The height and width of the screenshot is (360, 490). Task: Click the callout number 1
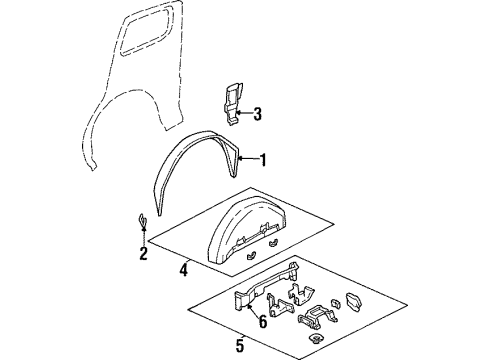coord(263,159)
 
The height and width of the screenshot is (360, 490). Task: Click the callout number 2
coord(143,254)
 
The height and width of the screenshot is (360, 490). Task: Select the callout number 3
coord(257,114)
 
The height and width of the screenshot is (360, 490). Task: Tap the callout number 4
coord(184,269)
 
